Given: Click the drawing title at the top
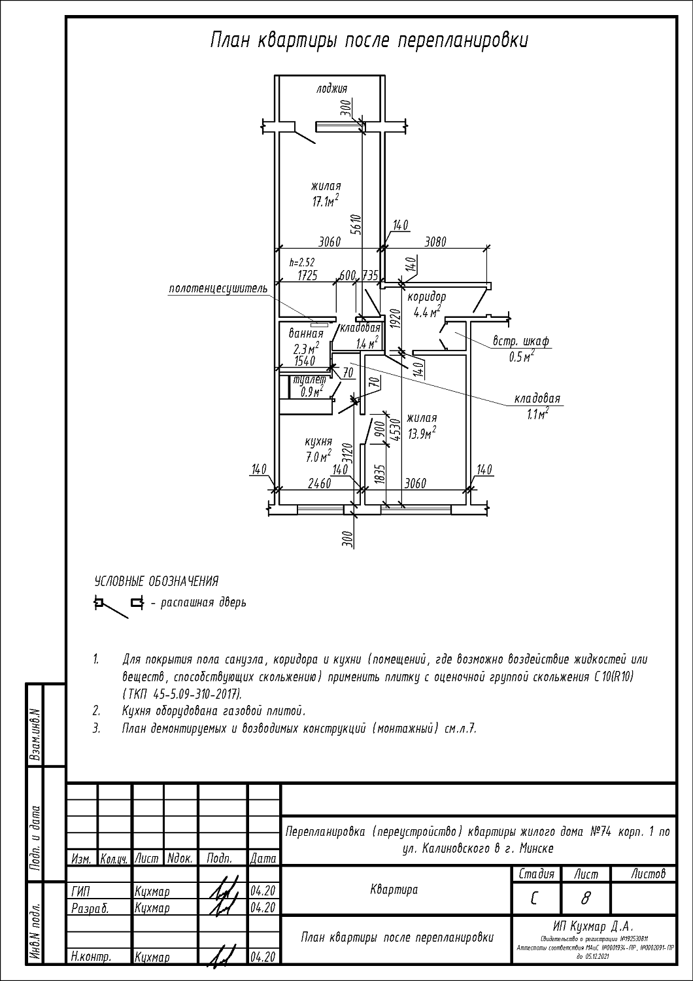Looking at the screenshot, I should (369, 41).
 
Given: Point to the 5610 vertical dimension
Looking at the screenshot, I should (355, 223).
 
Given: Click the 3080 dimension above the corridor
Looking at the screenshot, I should (435, 241).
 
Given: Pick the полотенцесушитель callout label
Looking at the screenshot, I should (218, 288).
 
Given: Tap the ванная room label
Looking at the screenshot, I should (306, 334).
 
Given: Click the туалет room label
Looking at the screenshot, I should (310, 380).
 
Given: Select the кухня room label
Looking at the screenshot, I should (318, 441).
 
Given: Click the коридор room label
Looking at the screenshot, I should (426, 297).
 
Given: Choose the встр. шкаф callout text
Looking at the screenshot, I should (521, 341).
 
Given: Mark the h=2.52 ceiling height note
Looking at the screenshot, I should (301, 262).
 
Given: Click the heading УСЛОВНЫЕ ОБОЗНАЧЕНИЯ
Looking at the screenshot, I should (157, 581).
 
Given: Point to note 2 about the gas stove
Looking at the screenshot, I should (213, 710).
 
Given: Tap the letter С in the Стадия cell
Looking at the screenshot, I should (534, 900).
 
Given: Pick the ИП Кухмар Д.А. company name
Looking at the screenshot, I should (594, 927).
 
